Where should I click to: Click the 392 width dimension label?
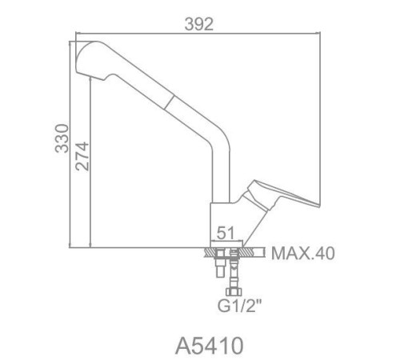[x=199, y=25]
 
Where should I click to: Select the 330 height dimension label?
[x=62, y=138]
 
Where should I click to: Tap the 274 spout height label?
[x=82, y=156]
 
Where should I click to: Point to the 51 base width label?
[x=226, y=233]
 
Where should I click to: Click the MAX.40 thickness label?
[x=303, y=254]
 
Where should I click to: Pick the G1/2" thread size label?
[x=239, y=306]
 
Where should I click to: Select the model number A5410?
[x=210, y=346]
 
